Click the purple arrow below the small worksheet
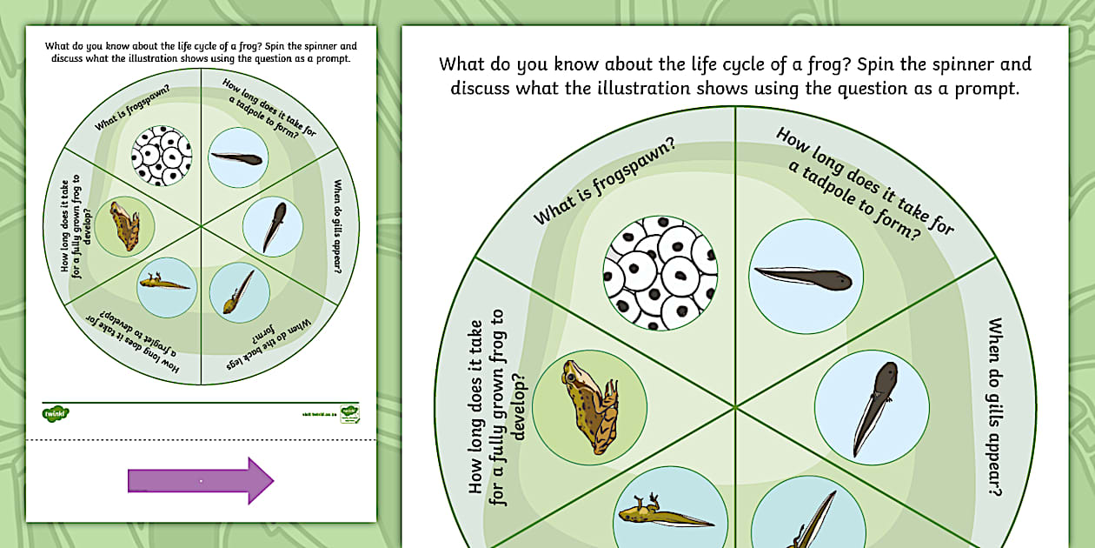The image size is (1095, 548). pyautogui.click(x=201, y=480)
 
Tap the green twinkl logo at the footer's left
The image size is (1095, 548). pyautogui.click(x=56, y=412)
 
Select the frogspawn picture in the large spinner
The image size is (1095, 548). pyautogui.click(x=660, y=272)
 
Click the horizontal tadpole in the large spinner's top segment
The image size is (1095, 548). pyautogui.click(x=806, y=276)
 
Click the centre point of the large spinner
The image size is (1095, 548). pyautogui.click(x=735, y=405)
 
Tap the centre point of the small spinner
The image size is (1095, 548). pyautogui.click(x=201, y=227)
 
